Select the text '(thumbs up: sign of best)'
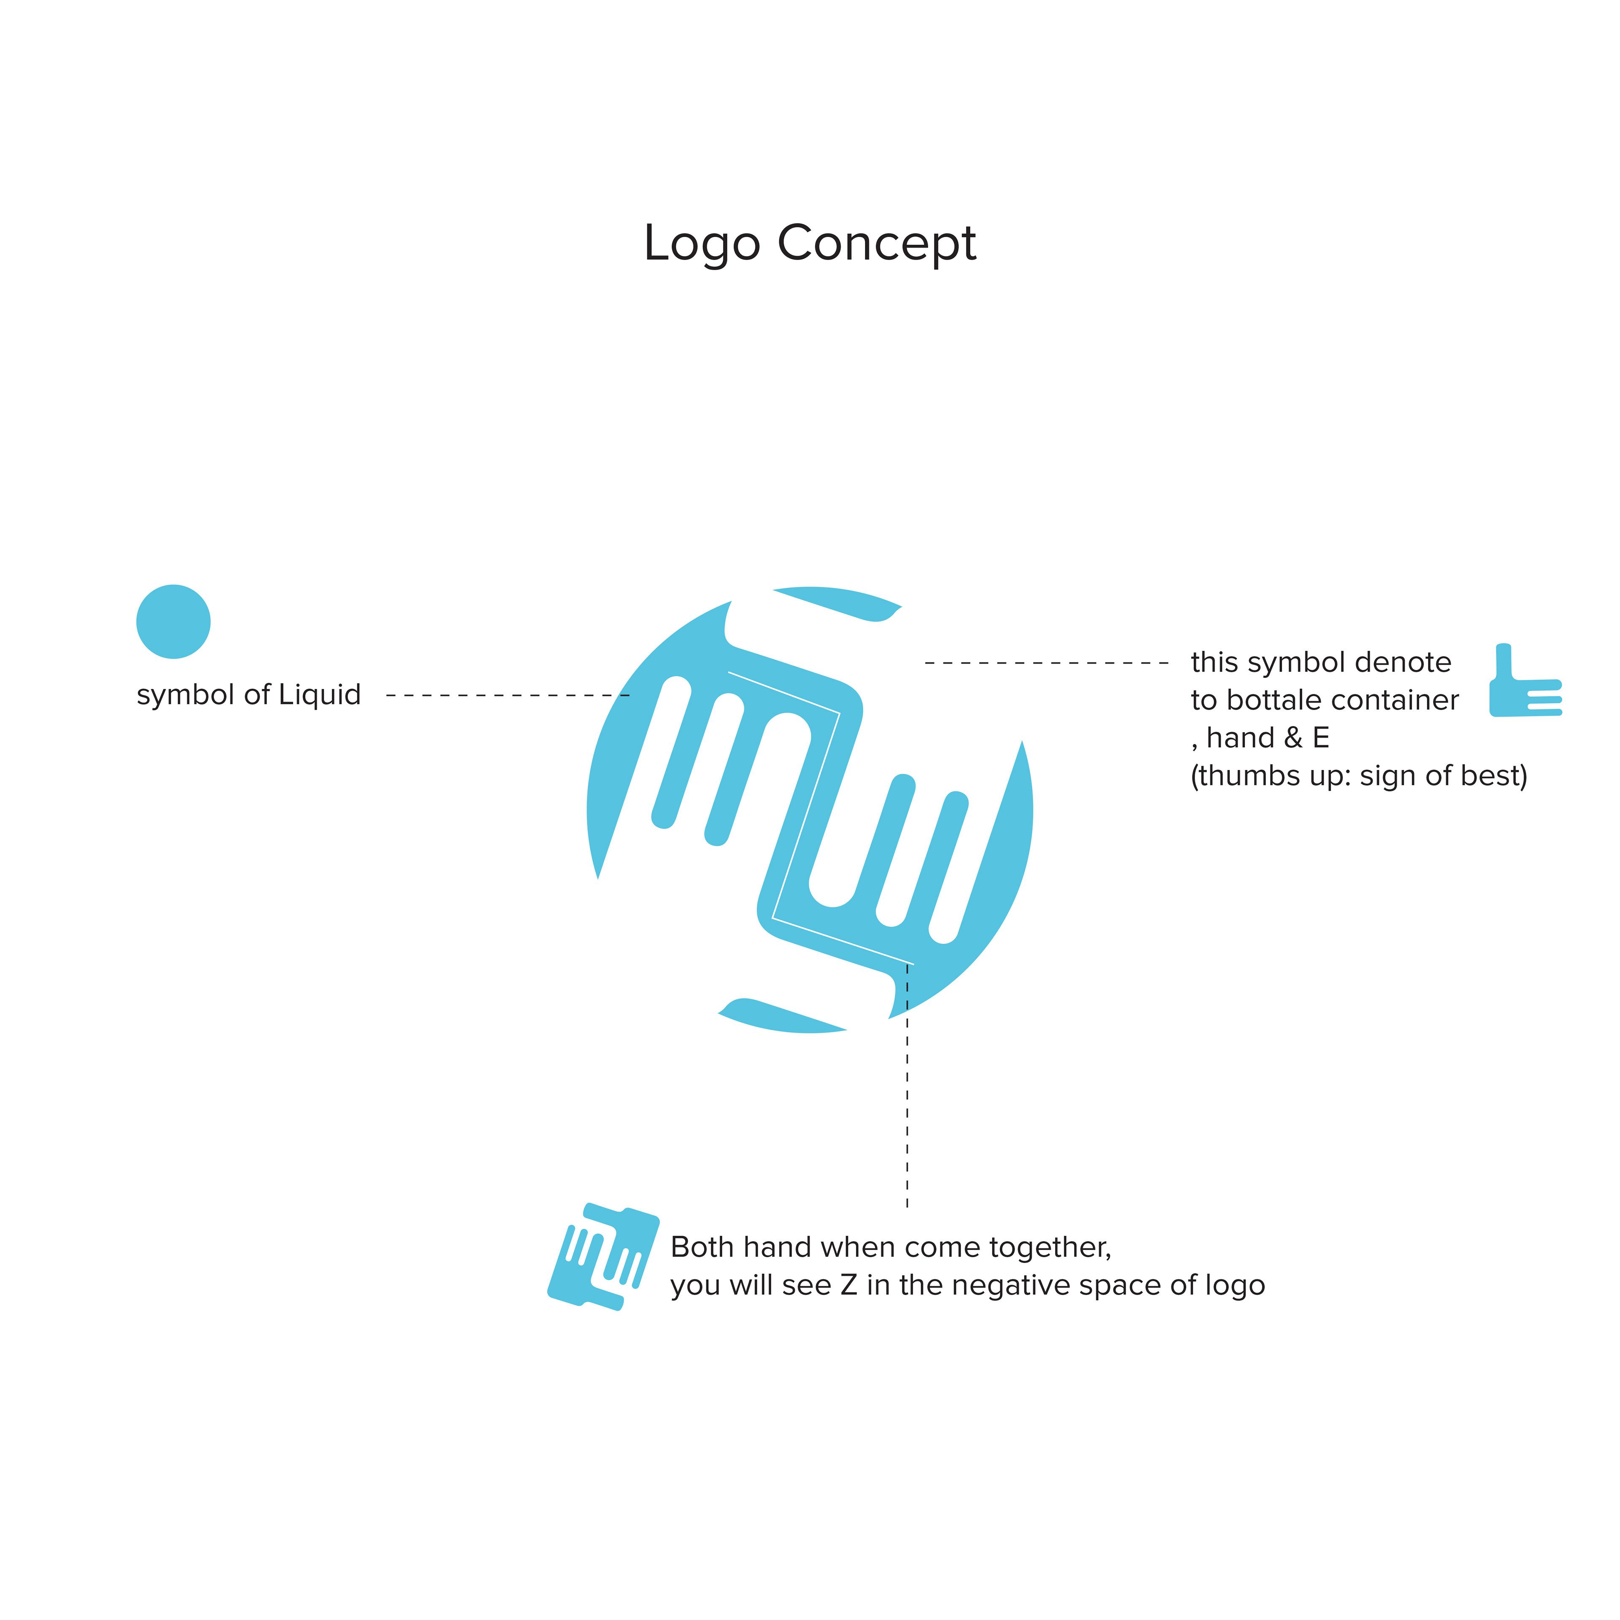[x=1358, y=776]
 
